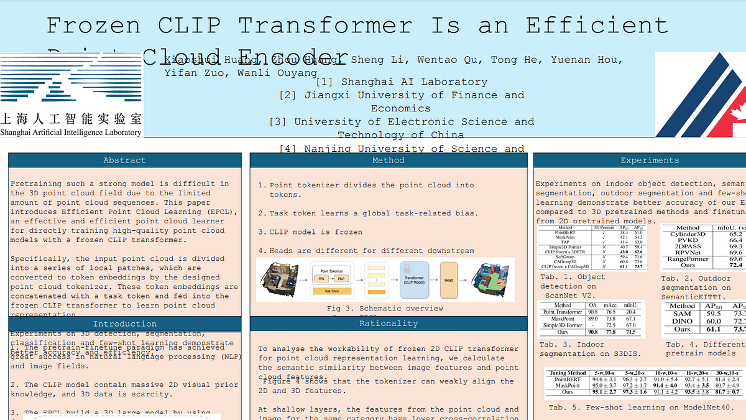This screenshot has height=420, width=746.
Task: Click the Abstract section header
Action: (124, 161)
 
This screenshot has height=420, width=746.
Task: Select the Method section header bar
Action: (388, 161)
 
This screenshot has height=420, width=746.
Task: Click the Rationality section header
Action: (388, 324)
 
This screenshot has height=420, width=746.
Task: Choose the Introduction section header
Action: (124, 324)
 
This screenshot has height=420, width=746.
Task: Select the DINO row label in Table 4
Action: (682, 321)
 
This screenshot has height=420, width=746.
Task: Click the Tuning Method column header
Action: (568, 373)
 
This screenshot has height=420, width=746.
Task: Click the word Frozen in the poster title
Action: (93, 26)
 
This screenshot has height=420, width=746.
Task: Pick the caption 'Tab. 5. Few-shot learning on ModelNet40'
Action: (641, 408)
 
